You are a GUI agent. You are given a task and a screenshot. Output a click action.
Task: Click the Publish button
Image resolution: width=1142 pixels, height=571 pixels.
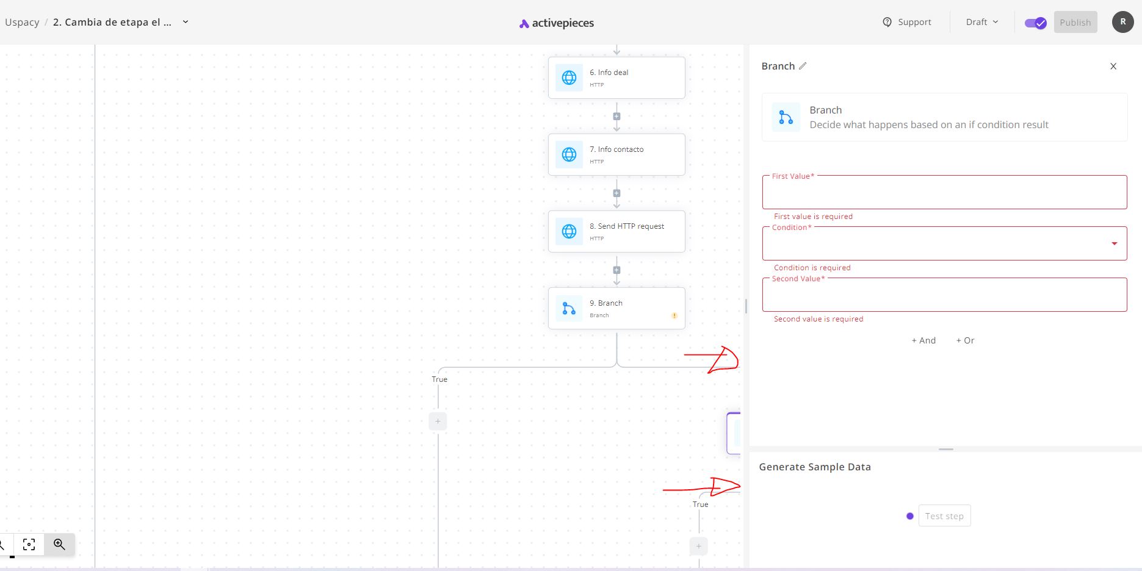[x=1075, y=22]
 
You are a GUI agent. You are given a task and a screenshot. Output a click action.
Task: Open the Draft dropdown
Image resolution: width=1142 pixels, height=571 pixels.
[x=982, y=22]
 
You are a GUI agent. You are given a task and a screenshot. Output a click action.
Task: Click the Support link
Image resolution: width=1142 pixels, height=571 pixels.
[x=907, y=22]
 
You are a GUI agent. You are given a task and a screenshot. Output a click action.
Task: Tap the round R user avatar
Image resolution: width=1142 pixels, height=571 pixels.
[x=1122, y=22]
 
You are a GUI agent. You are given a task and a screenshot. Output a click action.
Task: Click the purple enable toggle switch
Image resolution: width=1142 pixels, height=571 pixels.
[x=1035, y=23]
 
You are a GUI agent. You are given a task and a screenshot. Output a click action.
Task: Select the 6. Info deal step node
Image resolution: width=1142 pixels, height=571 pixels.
[x=616, y=77]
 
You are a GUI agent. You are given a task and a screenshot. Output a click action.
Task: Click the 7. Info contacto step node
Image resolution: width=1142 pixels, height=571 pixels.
[x=616, y=154]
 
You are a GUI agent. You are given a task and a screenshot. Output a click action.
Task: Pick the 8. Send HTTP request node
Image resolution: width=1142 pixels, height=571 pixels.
[x=616, y=231]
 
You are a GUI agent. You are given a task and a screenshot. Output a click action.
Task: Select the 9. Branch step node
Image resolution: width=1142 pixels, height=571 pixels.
[x=616, y=308]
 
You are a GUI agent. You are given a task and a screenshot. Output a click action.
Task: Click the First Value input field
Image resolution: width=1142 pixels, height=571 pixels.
[x=944, y=193]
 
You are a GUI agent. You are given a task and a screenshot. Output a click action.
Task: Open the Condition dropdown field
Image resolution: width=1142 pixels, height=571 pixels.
[x=944, y=244]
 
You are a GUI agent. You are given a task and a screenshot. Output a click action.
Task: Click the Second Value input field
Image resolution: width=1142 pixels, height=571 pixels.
[x=944, y=295]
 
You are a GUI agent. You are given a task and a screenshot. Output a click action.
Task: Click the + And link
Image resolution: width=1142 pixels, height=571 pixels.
[x=923, y=340]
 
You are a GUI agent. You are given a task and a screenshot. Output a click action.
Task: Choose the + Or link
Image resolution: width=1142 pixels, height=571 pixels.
[x=965, y=340]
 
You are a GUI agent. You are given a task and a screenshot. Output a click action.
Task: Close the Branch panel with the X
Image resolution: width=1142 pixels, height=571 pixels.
[x=1113, y=66]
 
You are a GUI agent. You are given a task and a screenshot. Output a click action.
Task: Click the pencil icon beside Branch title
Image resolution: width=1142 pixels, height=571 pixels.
[x=803, y=66]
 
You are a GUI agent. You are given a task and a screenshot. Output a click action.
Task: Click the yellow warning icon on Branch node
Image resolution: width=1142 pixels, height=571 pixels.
[x=674, y=315]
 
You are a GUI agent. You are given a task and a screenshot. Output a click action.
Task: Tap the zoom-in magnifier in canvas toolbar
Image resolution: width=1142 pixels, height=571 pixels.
[x=59, y=544]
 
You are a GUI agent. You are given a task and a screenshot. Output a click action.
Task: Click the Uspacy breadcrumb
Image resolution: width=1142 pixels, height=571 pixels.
[x=22, y=22]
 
